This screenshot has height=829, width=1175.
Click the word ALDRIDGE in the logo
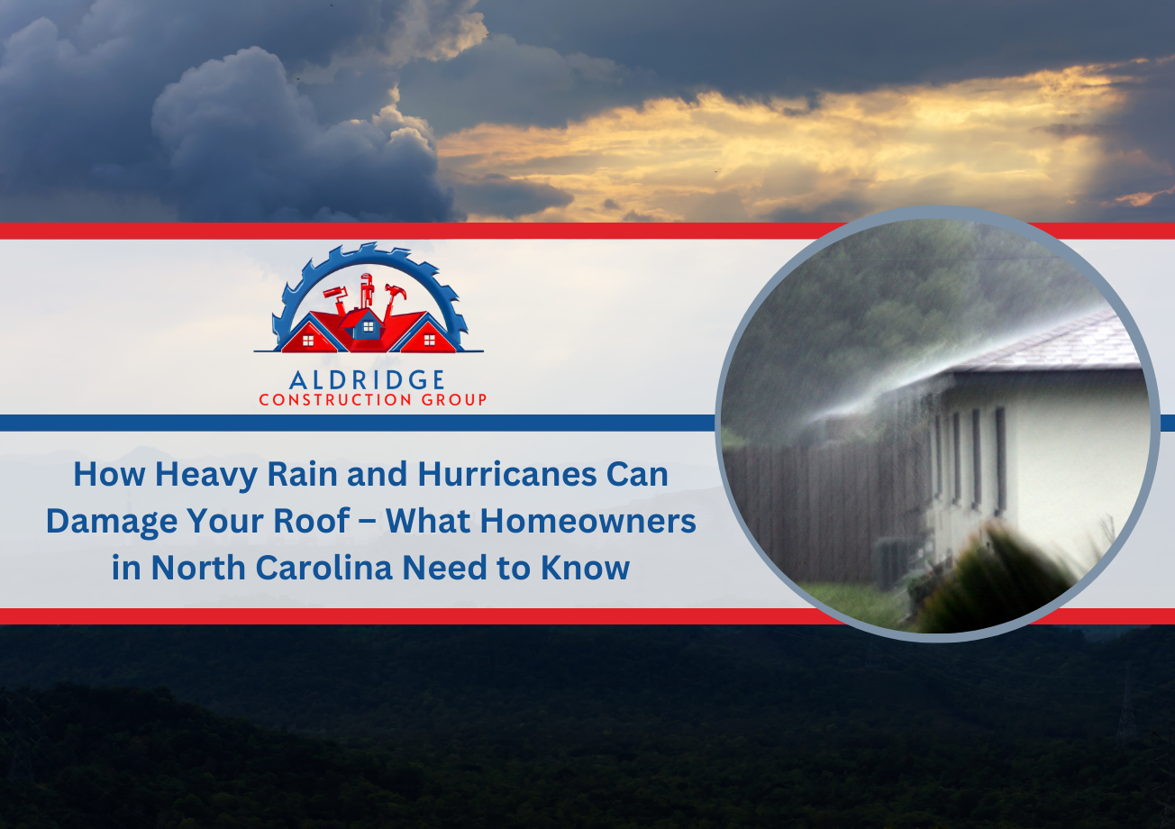coord(367,380)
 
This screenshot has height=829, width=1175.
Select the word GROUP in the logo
coord(454,400)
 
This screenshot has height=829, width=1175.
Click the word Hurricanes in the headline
coord(507,474)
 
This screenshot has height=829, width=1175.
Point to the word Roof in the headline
coord(320,521)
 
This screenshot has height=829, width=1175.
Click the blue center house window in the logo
coord(369,326)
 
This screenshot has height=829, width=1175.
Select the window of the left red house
coord(308,341)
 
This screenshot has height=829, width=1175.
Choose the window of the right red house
coord(429,340)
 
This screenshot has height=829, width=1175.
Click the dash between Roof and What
coord(368,522)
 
